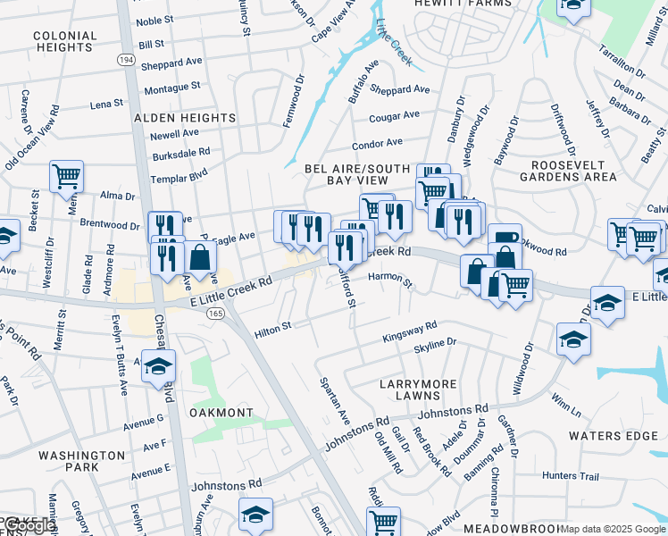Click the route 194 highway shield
(x=124, y=58)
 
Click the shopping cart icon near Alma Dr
(x=67, y=176)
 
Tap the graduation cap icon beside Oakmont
(x=159, y=365)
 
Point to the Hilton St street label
(x=273, y=330)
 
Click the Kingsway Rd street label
(x=409, y=331)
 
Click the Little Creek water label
(x=394, y=41)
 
